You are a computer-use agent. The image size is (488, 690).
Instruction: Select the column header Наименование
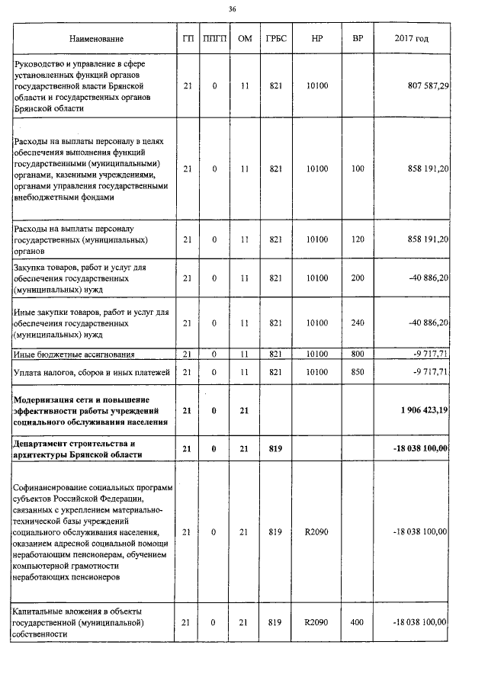pyautogui.click(x=95, y=38)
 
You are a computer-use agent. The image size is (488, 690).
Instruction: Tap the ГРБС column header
pyautogui.click(x=276, y=38)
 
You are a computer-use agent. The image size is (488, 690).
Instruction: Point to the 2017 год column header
pyautogui.click(x=412, y=38)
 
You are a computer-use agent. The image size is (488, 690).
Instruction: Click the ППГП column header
pyautogui.click(x=215, y=38)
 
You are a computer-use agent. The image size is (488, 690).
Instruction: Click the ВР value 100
pyautogui.click(x=358, y=168)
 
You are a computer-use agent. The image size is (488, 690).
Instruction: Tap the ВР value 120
pyautogui.click(x=358, y=239)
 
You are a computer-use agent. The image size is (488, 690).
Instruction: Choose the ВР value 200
pyautogui.click(x=358, y=279)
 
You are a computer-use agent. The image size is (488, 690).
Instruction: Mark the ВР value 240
pyautogui.click(x=358, y=323)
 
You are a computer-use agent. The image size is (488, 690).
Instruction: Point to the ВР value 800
pyautogui.click(x=358, y=354)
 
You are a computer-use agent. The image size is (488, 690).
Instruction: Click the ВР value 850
pyautogui.click(x=358, y=371)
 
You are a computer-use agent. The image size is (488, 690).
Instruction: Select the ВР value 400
pyautogui.click(x=358, y=623)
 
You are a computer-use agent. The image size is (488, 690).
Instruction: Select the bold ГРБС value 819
pyautogui.click(x=276, y=448)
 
